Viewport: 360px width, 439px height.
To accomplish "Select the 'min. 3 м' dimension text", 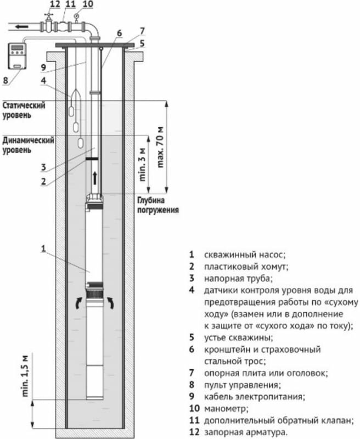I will (143, 164).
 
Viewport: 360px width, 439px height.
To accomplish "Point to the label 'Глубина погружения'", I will (157, 205).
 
